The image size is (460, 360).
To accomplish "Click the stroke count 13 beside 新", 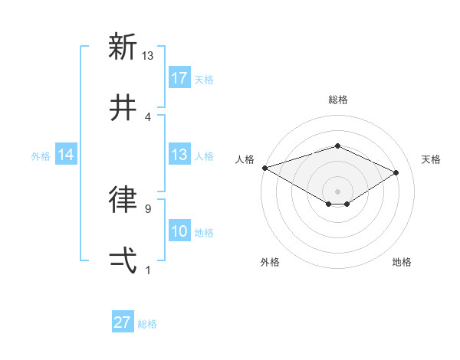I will (x=148, y=55).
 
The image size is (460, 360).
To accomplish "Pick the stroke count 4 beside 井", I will (x=147, y=116).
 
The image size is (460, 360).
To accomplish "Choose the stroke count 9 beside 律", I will (x=147, y=208).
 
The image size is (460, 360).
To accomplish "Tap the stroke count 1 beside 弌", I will (x=147, y=270).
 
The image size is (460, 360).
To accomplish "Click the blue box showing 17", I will (x=179, y=78).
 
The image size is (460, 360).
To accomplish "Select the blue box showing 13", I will (x=179, y=155).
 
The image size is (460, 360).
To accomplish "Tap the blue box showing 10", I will (x=179, y=231).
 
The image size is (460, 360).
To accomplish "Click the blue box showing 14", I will (x=66, y=155).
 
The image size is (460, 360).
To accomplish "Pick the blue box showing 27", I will (x=123, y=322).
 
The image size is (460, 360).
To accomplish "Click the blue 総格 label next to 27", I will (x=147, y=324).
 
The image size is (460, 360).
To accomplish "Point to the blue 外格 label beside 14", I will (x=41, y=155).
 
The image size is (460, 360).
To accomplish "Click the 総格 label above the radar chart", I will (x=337, y=100).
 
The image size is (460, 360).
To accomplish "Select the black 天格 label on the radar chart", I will (x=431, y=159).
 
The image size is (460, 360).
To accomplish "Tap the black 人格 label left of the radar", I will (x=245, y=159).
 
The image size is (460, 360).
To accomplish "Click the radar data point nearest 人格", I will (x=264, y=168).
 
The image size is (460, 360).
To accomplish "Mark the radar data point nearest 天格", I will (x=396, y=173).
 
